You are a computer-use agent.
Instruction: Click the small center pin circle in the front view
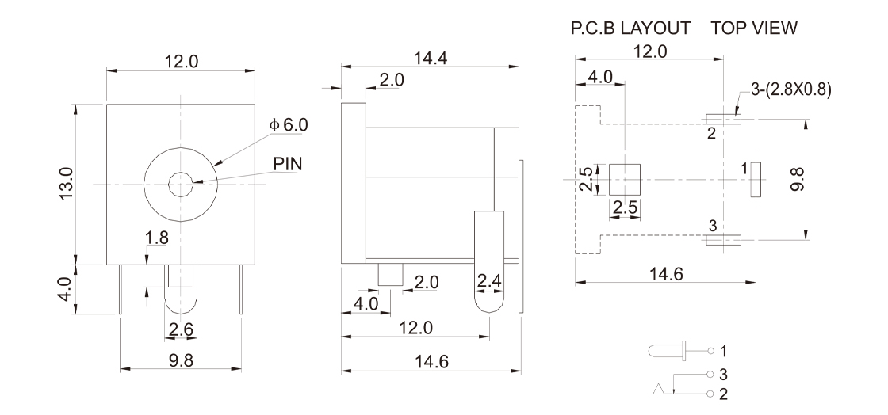[180, 185]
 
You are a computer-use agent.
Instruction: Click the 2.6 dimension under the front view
[179, 329]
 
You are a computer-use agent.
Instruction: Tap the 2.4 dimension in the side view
[489, 280]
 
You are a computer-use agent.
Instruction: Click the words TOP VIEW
[754, 29]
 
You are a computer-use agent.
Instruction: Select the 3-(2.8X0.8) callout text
[790, 89]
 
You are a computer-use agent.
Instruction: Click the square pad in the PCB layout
[625, 180]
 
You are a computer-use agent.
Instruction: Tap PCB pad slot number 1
[756, 179]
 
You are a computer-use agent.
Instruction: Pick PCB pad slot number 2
[722, 120]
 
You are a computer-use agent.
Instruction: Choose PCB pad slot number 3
[722, 238]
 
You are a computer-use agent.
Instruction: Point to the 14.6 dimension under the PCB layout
[664, 274]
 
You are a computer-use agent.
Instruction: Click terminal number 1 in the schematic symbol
[722, 348]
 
